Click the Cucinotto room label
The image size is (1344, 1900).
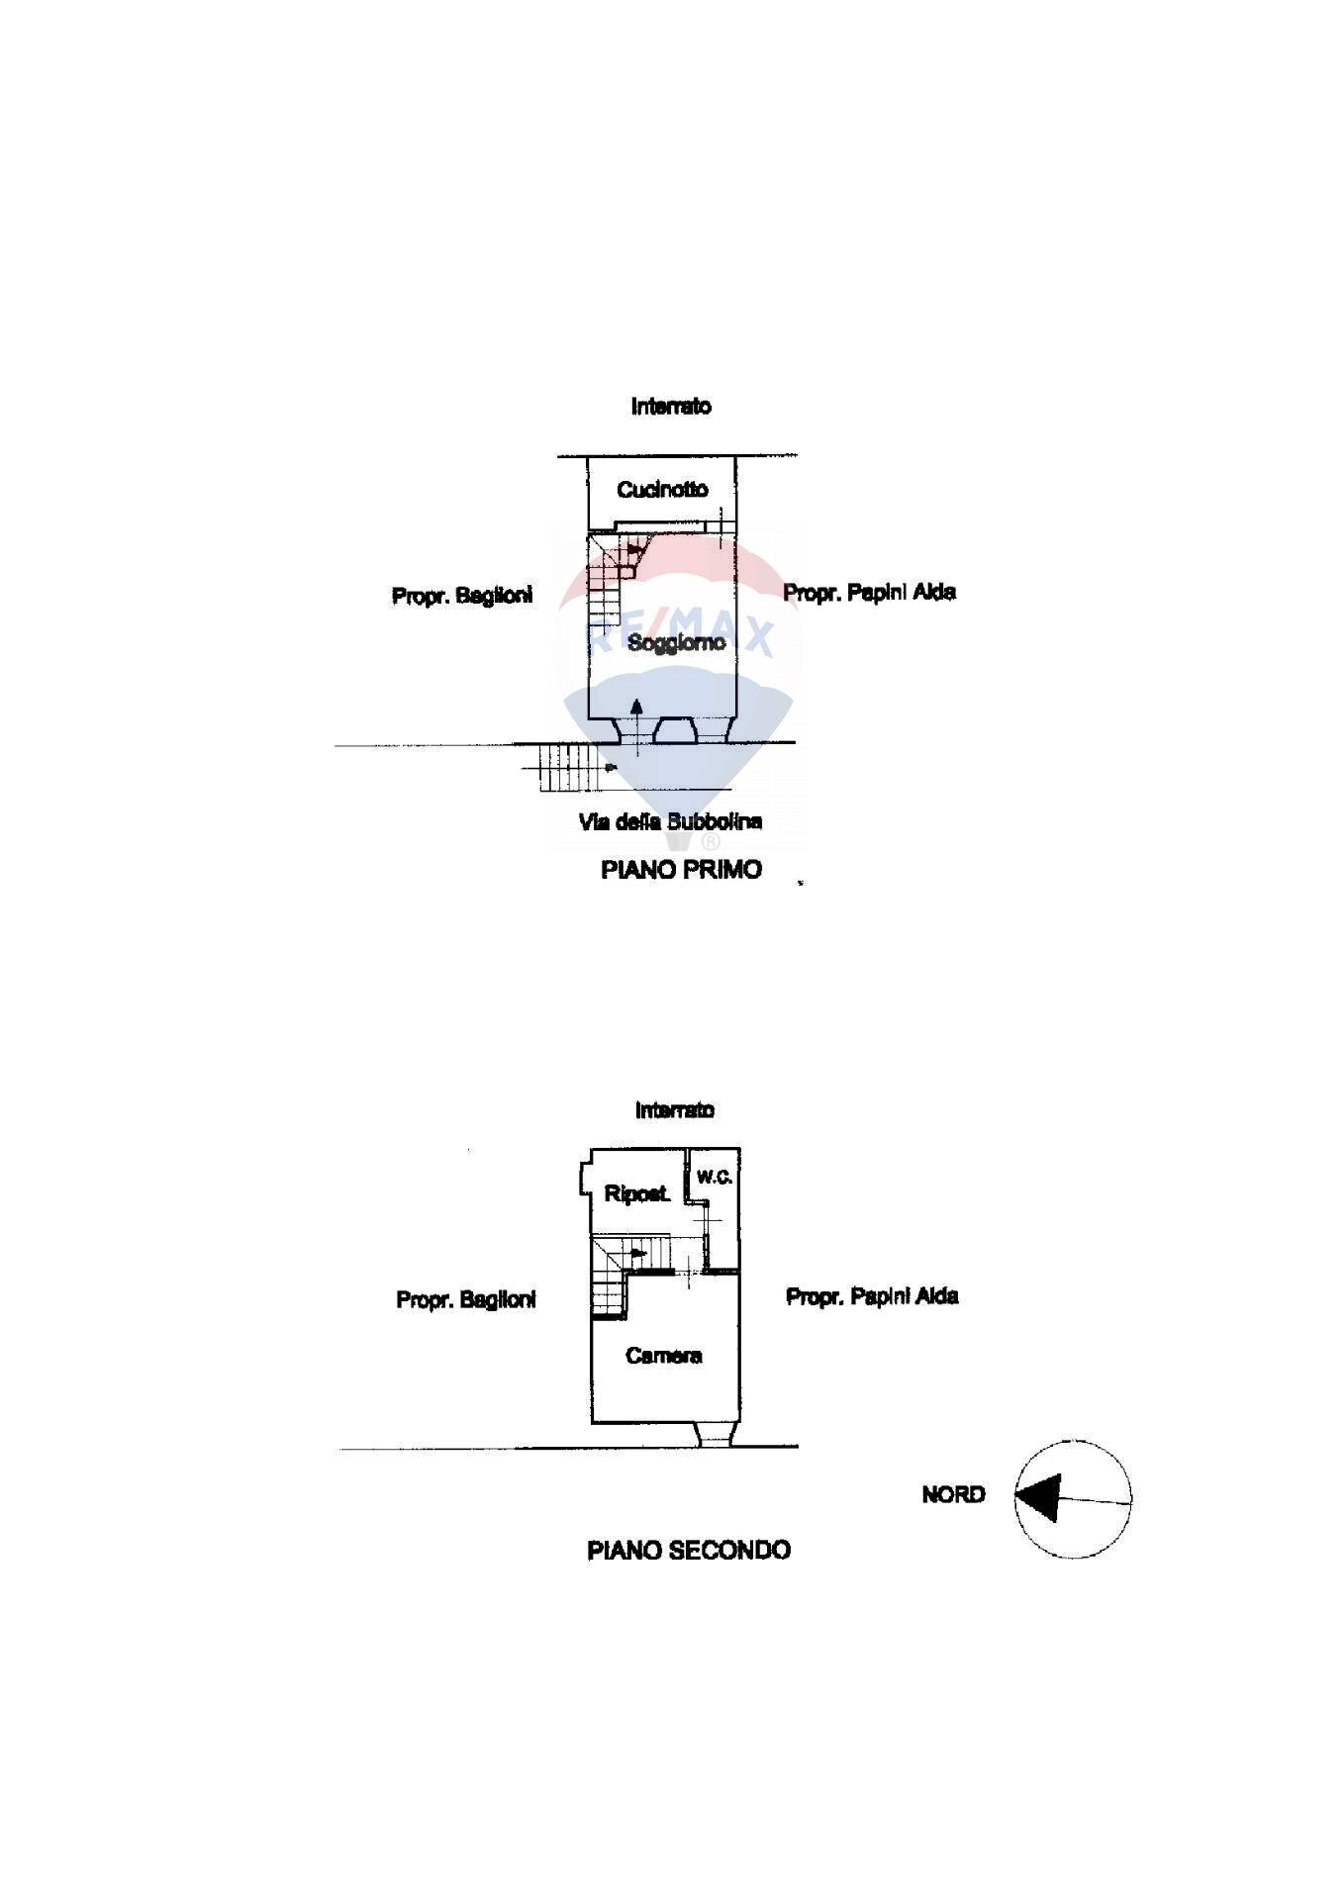coord(662,489)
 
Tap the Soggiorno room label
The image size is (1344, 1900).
coord(676,642)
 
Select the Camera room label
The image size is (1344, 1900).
coord(664,1356)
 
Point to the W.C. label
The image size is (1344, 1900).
coord(715,1177)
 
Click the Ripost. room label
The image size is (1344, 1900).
coord(636,1194)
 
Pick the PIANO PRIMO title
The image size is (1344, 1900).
coord(681,870)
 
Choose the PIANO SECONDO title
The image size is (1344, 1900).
coord(689,1551)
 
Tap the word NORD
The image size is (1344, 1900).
coord(953,1495)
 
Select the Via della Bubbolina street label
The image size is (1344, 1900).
coord(670,821)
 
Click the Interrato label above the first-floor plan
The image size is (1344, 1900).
coord(671,406)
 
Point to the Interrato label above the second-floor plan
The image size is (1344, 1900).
coord(674,1110)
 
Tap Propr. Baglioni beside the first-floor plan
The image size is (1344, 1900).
coord(462,596)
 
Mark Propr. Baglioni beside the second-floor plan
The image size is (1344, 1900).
coord(465,1299)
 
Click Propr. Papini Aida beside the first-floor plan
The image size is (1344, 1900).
coord(869,593)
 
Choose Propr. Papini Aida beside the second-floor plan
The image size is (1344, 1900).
coord(872,1296)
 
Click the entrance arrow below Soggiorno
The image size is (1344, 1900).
coord(637,720)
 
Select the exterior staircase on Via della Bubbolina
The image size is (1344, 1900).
coord(570,768)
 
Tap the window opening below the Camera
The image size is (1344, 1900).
coord(715,1435)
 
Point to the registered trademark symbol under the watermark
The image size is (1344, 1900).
coord(711,842)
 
